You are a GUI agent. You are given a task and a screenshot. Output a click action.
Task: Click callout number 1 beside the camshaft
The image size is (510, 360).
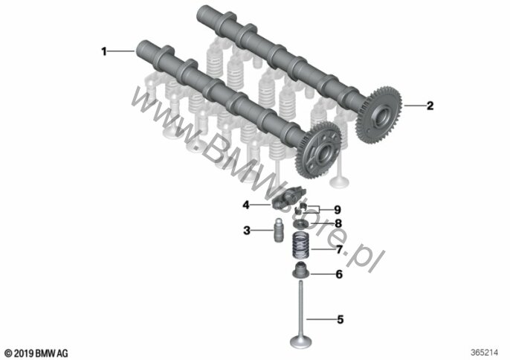(x=105, y=51)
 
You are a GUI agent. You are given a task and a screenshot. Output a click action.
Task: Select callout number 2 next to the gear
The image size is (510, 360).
(x=429, y=106)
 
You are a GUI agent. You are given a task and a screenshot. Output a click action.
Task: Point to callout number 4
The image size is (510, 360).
(x=244, y=203)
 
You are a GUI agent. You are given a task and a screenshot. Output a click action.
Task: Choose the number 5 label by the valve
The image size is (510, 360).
(x=340, y=320)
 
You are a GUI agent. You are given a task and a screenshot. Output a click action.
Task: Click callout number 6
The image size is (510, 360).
(x=339, y=274)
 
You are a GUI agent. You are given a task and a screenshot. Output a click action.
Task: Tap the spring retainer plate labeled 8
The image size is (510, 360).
(x=301, y=222)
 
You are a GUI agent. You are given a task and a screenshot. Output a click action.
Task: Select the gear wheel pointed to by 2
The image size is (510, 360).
(x=383, y=112)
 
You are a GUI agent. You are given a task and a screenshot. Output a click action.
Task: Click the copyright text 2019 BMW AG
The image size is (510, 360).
(x=36, y=352)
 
